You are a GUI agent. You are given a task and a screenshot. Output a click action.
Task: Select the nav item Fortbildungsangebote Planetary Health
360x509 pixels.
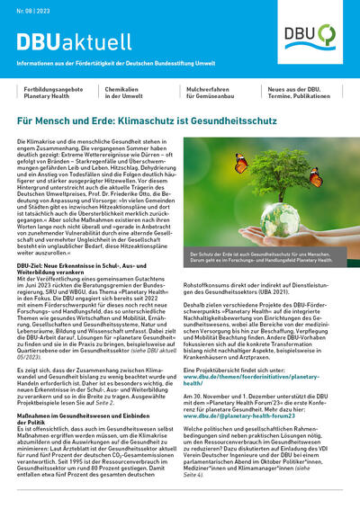click(x=52, y=94)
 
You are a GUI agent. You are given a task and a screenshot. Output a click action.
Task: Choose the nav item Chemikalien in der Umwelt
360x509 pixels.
click(x=130, y=94)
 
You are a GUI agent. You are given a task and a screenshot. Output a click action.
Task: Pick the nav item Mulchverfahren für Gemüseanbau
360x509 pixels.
click(x=215, y=94)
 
